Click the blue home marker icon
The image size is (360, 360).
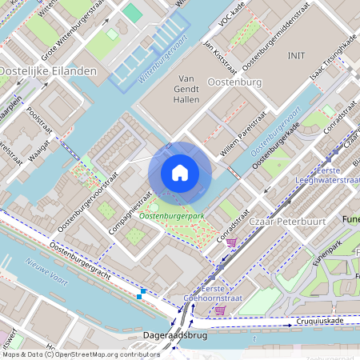tap(180, 173)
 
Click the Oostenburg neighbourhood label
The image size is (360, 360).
tap(235, 82)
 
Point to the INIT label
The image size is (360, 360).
tap(296, 55)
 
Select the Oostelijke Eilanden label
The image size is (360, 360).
tap(48, 70)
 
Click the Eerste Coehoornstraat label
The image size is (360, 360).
tap(205, 293)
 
